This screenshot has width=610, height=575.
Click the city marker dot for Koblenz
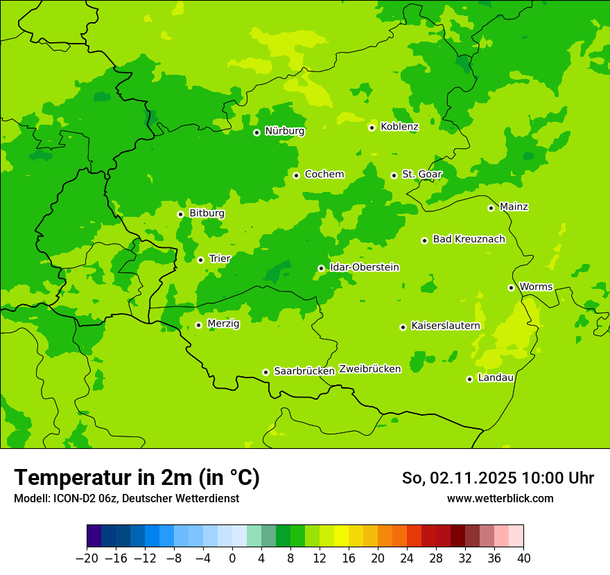[x=372, y=127]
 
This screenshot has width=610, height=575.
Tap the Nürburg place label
[x=284, y=131]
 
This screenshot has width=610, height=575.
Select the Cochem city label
[x=324, y=175]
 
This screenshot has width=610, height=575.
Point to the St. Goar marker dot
[x=394, y=175]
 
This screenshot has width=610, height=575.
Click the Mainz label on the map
[x=514, y=206]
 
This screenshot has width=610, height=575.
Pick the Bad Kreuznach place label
[x=469, y=239]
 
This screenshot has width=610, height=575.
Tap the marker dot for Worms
[x=511, y=287]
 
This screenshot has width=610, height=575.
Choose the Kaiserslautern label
[x=445, y=326]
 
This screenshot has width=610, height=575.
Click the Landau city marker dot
[x=469, y=379]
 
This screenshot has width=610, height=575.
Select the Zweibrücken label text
[x=369, y=369]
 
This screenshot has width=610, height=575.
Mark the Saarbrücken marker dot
[x=265, y=372]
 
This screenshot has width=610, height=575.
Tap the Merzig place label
[x=223, y=324]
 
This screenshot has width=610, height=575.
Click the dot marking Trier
[x=200, y=260]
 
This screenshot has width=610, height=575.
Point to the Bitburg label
[x=207, y=213]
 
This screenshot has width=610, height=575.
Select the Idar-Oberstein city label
[x=364, y=267]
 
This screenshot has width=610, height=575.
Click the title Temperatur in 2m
[x=137, y=477]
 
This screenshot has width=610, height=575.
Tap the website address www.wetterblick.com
[x=500, y=498]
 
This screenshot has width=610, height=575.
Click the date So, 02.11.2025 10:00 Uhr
[x=498, y=478]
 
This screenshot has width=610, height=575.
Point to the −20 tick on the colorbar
[x=87, y=558]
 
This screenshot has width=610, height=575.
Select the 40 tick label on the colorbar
[x=523, y=558]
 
